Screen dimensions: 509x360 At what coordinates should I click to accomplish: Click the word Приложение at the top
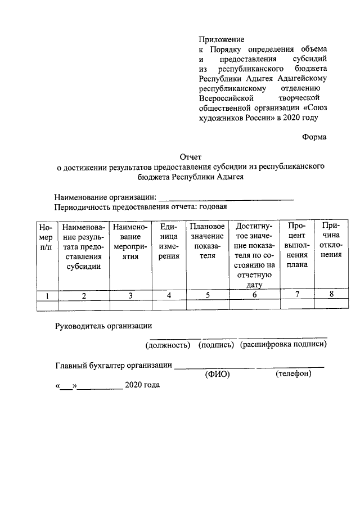point(221,39)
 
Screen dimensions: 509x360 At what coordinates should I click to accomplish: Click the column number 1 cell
point(47,295)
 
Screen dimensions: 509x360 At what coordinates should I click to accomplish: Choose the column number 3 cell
point(130,295)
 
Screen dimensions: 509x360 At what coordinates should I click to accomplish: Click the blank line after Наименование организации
point(226,197)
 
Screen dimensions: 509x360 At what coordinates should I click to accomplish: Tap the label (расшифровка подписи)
point(283,344)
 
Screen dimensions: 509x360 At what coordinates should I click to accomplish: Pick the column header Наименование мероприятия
point(130,241)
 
